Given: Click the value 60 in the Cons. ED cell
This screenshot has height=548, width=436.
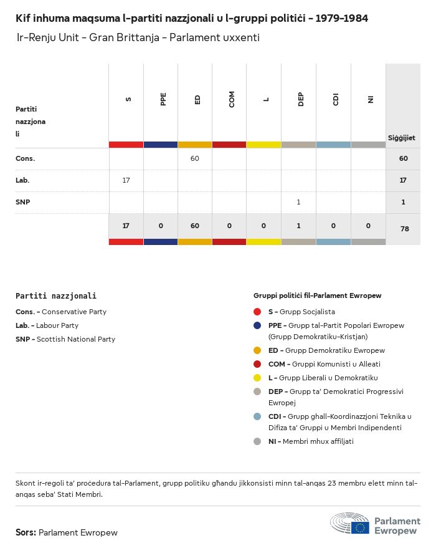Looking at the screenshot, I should coord(195,158).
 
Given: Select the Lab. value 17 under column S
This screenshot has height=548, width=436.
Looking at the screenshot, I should coord(126,180).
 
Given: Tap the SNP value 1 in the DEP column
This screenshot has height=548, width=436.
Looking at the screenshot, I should coord(299,202).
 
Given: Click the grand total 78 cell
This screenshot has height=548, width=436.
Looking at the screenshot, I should coord(404,229).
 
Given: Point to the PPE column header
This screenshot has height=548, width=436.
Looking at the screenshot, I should coord(163,99).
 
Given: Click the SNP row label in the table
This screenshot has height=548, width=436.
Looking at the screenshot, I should coord(23,202).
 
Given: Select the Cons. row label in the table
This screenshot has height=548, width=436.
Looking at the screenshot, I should coord(25,158).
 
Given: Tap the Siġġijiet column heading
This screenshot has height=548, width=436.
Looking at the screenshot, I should coord(402,138).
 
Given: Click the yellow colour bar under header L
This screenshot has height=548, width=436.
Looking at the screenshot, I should coord(264,145).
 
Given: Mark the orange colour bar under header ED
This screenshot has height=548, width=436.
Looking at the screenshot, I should coord(195,145).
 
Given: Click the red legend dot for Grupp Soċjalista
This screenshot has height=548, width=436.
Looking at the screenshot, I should coord(257,312).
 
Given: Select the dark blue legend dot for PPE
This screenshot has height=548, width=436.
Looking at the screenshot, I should coord(257,325).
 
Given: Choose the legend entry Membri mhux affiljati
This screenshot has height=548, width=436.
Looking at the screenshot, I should coord(318,441).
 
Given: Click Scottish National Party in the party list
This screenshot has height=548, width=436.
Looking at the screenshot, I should coord(75,339).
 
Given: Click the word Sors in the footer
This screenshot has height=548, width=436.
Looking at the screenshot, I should coord(25,532).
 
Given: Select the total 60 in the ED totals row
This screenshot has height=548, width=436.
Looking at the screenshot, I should coord(195,226).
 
